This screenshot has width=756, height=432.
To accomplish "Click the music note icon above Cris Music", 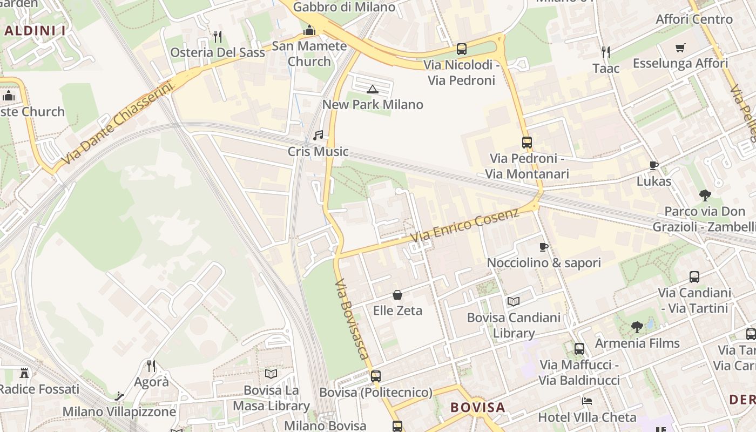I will [x=318, y=135].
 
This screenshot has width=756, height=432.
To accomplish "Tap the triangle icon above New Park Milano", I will [x=372, y=89].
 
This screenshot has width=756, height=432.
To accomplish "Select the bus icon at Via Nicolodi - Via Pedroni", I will [x=462, y=49].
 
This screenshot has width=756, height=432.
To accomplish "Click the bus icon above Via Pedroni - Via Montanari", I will [x=527, y=143].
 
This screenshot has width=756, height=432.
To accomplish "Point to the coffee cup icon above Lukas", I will [x=653, y=165].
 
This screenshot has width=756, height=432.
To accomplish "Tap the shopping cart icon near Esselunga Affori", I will [x=680, y=48].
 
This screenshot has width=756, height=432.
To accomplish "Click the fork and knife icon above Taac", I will [x=606, y=52].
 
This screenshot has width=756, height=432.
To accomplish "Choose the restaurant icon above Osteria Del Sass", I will [x=218, y=37].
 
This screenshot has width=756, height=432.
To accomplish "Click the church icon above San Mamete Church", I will [x=309, y=30].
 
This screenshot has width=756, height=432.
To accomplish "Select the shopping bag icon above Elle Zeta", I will [x=397, y=295].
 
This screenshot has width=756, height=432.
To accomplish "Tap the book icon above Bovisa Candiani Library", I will [x=513, y=301].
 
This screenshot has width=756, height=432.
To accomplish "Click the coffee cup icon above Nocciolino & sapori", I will [x=544, y=247].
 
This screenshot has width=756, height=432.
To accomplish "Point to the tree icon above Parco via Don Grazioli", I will [x=705, y=195].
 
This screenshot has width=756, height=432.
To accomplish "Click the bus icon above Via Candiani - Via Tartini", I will [x=694, y=277].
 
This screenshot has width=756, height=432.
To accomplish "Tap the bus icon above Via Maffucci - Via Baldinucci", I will [x=579, y=349].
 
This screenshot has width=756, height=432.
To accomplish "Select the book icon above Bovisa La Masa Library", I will [x=271, y=374].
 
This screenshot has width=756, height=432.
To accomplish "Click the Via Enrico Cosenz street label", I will [x=464, y=224].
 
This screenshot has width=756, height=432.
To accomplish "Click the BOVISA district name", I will [x=478, y=407].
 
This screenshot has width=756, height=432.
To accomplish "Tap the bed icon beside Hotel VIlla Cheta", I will [x=587, y=401].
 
